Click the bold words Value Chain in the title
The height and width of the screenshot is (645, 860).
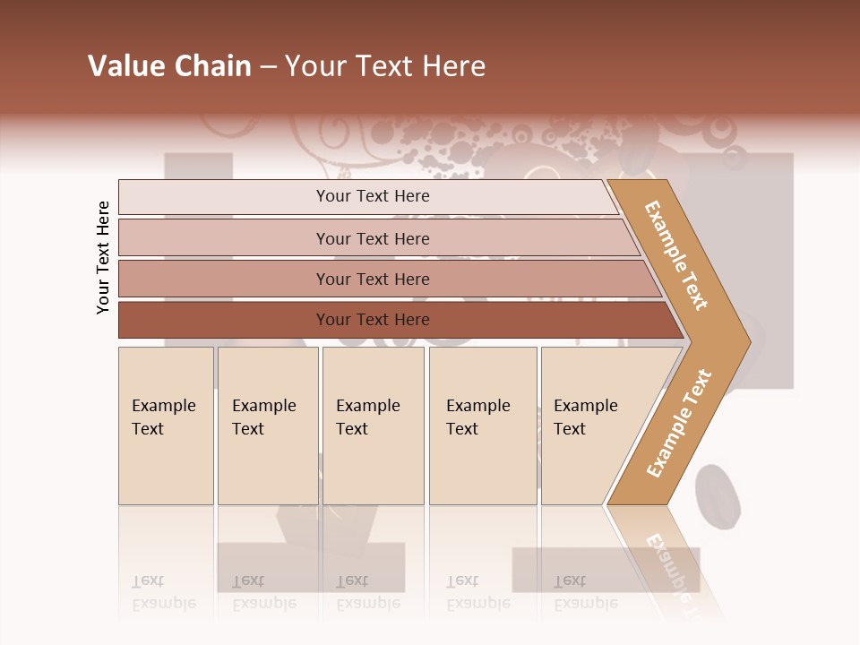[x=169, y=66]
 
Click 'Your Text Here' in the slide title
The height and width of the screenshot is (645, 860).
[x=385, y=66]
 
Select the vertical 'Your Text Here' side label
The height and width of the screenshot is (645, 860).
[x=103, y=257]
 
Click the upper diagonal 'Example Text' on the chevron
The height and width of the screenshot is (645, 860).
[x=676, y=255]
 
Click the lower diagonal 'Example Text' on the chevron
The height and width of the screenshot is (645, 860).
[x=679, y=423]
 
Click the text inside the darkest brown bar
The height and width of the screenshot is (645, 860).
[x=373, y=320]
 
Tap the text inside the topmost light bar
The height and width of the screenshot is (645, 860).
[x=373, y=196]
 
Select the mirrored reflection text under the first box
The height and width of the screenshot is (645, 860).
[x=163, y=593]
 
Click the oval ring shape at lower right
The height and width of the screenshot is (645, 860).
[x=718, y=496]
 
